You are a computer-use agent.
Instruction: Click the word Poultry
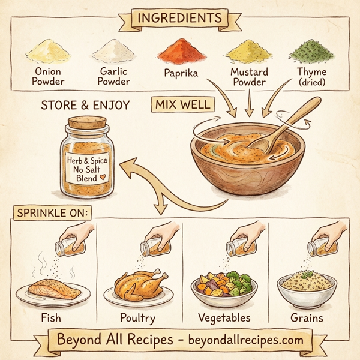tap(138, 317)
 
